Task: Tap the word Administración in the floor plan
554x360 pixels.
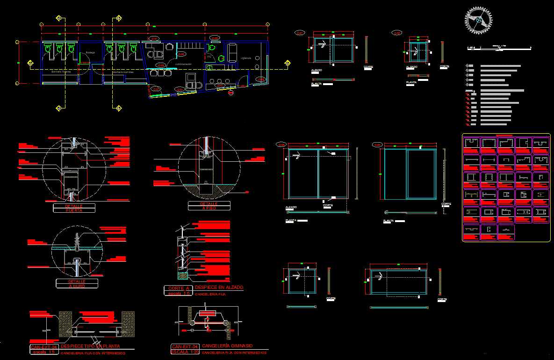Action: [x=183, y=63]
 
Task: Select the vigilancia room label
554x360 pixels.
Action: [x=246, y=58]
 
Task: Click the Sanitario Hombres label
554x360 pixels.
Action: [x=123, y=72]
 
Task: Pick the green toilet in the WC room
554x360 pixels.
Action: [x=211, y=47]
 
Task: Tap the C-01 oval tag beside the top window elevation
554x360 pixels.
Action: [x=299, y=33]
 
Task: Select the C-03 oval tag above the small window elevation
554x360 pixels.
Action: [x=397, y=33]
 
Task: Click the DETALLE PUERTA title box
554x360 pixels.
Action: [x=74, y=208]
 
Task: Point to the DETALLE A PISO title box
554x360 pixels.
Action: [x=209, y=206]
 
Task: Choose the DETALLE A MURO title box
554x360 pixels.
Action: [x=77, y=283]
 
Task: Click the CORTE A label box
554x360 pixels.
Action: [x=178, y=288]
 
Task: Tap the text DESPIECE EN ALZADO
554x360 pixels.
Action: [x=219, y=288]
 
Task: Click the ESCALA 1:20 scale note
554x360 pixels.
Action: [x=185, y=351]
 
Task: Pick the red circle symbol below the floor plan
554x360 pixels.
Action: [x=230, y=93]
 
